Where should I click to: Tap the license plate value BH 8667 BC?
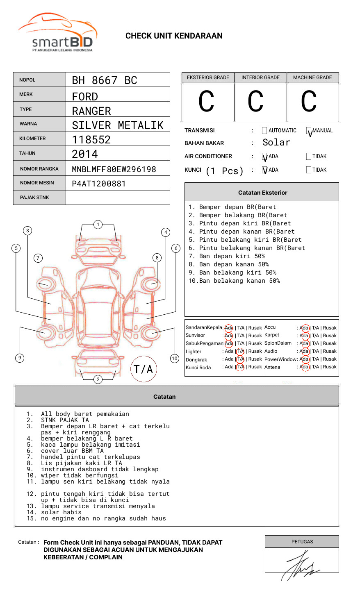point(105,80)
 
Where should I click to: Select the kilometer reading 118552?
point(91,140)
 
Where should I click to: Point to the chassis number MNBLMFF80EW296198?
point(114,169)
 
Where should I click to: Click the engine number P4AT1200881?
point(99,184)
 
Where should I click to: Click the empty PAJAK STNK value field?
point(118,198)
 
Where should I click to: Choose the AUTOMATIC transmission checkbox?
point(264,131)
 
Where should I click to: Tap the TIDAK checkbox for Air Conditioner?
point(309,157)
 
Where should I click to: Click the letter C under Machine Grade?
point(309,102)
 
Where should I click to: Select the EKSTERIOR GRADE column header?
point(208,77)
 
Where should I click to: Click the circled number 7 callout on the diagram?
point(38,258)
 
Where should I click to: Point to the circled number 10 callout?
point(175,359)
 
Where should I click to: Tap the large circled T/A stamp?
point(144,369)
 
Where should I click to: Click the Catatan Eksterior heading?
point(262,193)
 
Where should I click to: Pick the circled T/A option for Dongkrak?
point(240,359)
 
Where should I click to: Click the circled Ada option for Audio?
point(304,351)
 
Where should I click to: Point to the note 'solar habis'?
point(61,512)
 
